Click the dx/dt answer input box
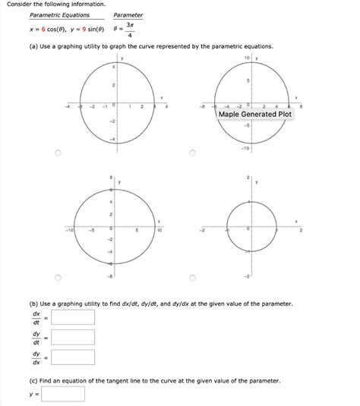coord(73,316)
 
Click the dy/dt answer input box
coord(73,337)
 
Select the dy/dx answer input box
coord(73,357)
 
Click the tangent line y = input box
coord(64,395)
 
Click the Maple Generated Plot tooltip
coord(254,115)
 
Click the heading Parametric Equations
coord(59,15)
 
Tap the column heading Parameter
coord(128,15)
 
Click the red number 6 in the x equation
coord(44,30)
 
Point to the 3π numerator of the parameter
coord(131,24)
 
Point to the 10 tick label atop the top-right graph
coord(246,58)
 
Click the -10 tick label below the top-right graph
coord(246,148)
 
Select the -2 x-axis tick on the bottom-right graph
coord(203,228)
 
